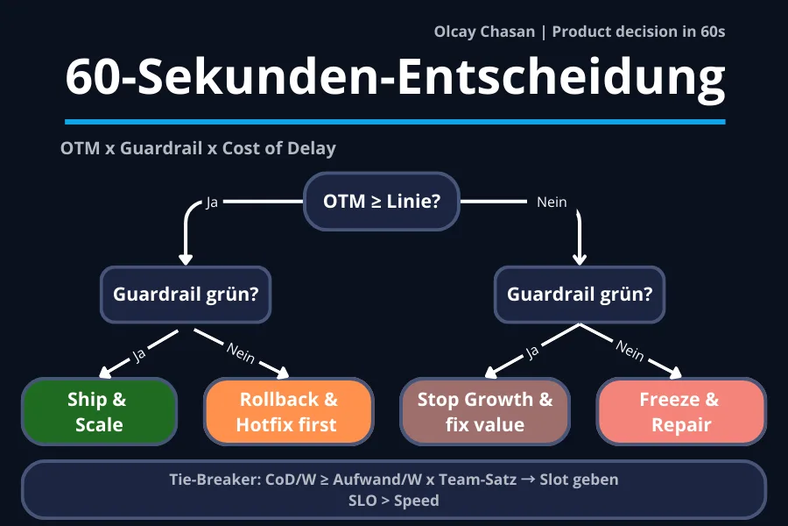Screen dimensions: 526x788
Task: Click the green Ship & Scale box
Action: (x=98, y=412)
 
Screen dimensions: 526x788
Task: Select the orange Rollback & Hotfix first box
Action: (x=288, y=412)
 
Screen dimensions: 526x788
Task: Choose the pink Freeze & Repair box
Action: (x=680, y=412)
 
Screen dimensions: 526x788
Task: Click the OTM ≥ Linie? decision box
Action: (x=381, y=202)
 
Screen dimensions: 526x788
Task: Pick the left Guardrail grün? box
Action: (x=186, y=295)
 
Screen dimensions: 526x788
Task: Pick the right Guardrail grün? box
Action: (x=580, y=295)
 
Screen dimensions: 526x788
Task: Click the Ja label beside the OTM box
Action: (x=212, y=203)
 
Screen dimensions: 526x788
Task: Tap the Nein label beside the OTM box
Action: (x=552, y=203)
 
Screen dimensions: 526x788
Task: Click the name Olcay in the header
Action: (x=455, y=32)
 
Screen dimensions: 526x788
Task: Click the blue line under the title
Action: (x=395, y=122)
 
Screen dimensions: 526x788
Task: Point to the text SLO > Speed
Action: (x=393, y=501)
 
